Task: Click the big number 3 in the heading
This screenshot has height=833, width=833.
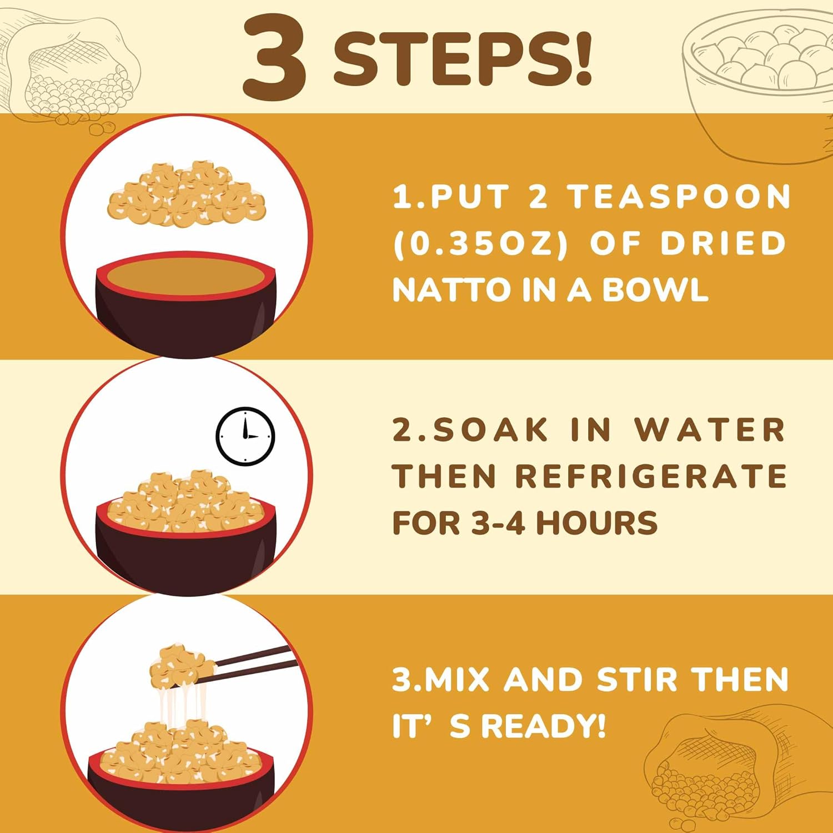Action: tap(275, 58)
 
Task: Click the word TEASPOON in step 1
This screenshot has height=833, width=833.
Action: tap(679, 197)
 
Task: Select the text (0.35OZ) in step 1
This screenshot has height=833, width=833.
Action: tap(480, 243)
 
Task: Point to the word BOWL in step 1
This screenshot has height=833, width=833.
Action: tap(655, 290)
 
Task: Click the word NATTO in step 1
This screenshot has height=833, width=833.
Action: tap(451, 290)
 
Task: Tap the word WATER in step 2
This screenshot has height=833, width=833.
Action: tap(710, 430)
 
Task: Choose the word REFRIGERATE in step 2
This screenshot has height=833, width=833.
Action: tap(650, 476)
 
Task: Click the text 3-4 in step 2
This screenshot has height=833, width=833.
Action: tap(498, 523)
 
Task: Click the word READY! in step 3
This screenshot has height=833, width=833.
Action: tap(543, 726)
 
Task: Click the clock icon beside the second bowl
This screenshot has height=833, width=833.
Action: tap(245, 436)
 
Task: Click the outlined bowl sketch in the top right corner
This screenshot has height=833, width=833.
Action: tap(758, 89)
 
